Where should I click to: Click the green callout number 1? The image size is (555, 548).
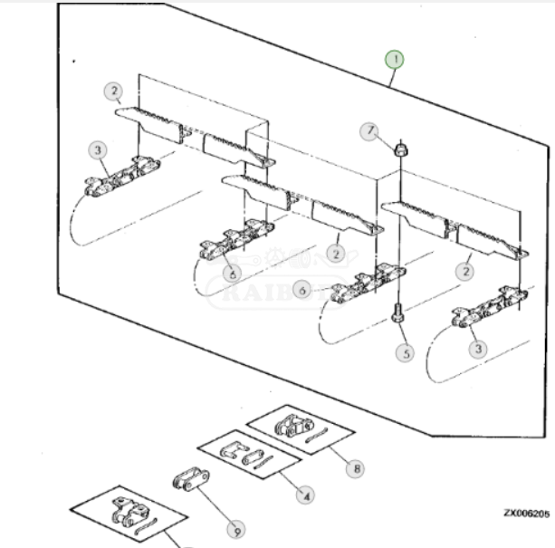click(394, 61)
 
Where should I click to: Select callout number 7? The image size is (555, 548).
click(369, 132)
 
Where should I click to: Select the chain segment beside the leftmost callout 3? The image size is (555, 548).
click(122, 177)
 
